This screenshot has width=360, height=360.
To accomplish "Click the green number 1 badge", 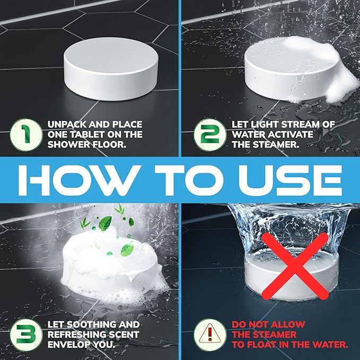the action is (x=26, y=135).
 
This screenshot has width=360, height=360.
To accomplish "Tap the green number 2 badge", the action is (x=210, y=135).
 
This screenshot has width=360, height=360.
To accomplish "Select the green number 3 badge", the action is (x=26, y=335).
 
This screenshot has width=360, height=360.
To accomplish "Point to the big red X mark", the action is (x=295, y=266).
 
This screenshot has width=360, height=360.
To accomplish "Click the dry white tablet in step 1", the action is (x=111, y=68).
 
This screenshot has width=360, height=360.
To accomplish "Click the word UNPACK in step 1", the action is (x=67, y=125).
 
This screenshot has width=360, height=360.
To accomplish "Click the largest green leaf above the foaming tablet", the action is (x=105, y=223).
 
